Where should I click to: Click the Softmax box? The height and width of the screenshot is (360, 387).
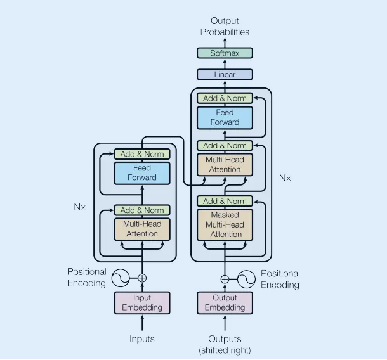pyautogui.click(x=225, y=53)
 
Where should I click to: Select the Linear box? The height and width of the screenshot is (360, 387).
pyautogui.click(x=225, y=74)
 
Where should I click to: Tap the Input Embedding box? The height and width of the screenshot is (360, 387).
pyautogui.click(x=142, y=303)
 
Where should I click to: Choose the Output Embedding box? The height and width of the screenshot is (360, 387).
pyautogui.click(x=225, y=303)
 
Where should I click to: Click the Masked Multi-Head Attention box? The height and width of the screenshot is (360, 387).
pyautogui.click(x=225, y=224)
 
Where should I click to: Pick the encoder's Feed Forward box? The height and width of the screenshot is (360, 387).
pyautogui.click(x=142, y=173)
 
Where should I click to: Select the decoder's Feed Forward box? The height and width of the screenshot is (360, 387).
pyautogui.click(x=225, y=118)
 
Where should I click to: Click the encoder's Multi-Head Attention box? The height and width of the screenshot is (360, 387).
pyautogui.click(x=142, y=229)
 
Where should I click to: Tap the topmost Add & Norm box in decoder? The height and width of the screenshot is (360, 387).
pyautogui.click(x=225, y=98)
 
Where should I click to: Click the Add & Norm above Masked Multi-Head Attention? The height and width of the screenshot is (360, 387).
pyautogui.click(x=225, y=201)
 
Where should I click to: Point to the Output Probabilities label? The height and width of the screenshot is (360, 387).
pyautogui.click(x=225, y=27)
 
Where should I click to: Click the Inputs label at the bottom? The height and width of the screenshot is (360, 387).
pyautogui.click(x=142, y=339)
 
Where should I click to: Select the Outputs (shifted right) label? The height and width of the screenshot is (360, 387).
pyautogui.click(x=225, y=344)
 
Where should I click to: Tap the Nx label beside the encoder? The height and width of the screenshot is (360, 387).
pyautogui.click(x=80, y=207)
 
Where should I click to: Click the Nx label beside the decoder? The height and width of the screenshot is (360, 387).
pyautogui.click(x=285, y=177)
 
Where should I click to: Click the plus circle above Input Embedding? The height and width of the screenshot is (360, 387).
pyautogui.click(x=142, y=278)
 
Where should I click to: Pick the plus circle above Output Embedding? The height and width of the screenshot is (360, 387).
pyautogui.click(x=225, y=280)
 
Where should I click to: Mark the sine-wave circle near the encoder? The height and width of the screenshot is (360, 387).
pyautogui.click(x=121, y=278)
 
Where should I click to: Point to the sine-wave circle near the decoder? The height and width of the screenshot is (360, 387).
pyautogui.click(x=246, y=279)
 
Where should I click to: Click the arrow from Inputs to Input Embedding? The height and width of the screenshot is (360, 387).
pyautogui.click(x=142, y=323)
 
